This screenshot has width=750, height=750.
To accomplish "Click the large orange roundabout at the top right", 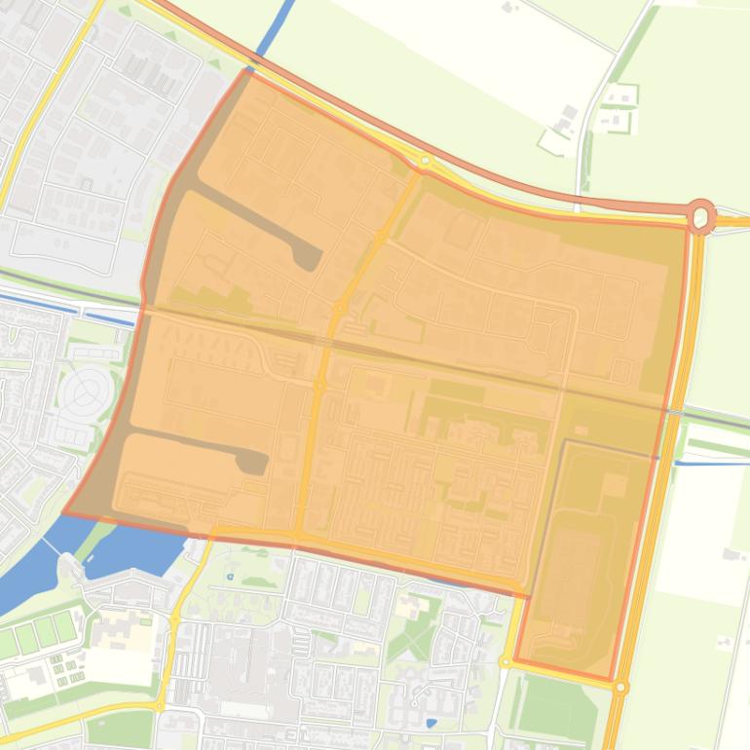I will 701,215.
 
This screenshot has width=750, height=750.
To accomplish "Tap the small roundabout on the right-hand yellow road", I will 620,687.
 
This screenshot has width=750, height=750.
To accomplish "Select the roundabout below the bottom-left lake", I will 159,706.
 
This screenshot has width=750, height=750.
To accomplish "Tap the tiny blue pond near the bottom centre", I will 431,722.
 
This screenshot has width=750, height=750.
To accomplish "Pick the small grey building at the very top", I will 508,7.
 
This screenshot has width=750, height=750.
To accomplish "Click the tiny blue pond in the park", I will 230,577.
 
